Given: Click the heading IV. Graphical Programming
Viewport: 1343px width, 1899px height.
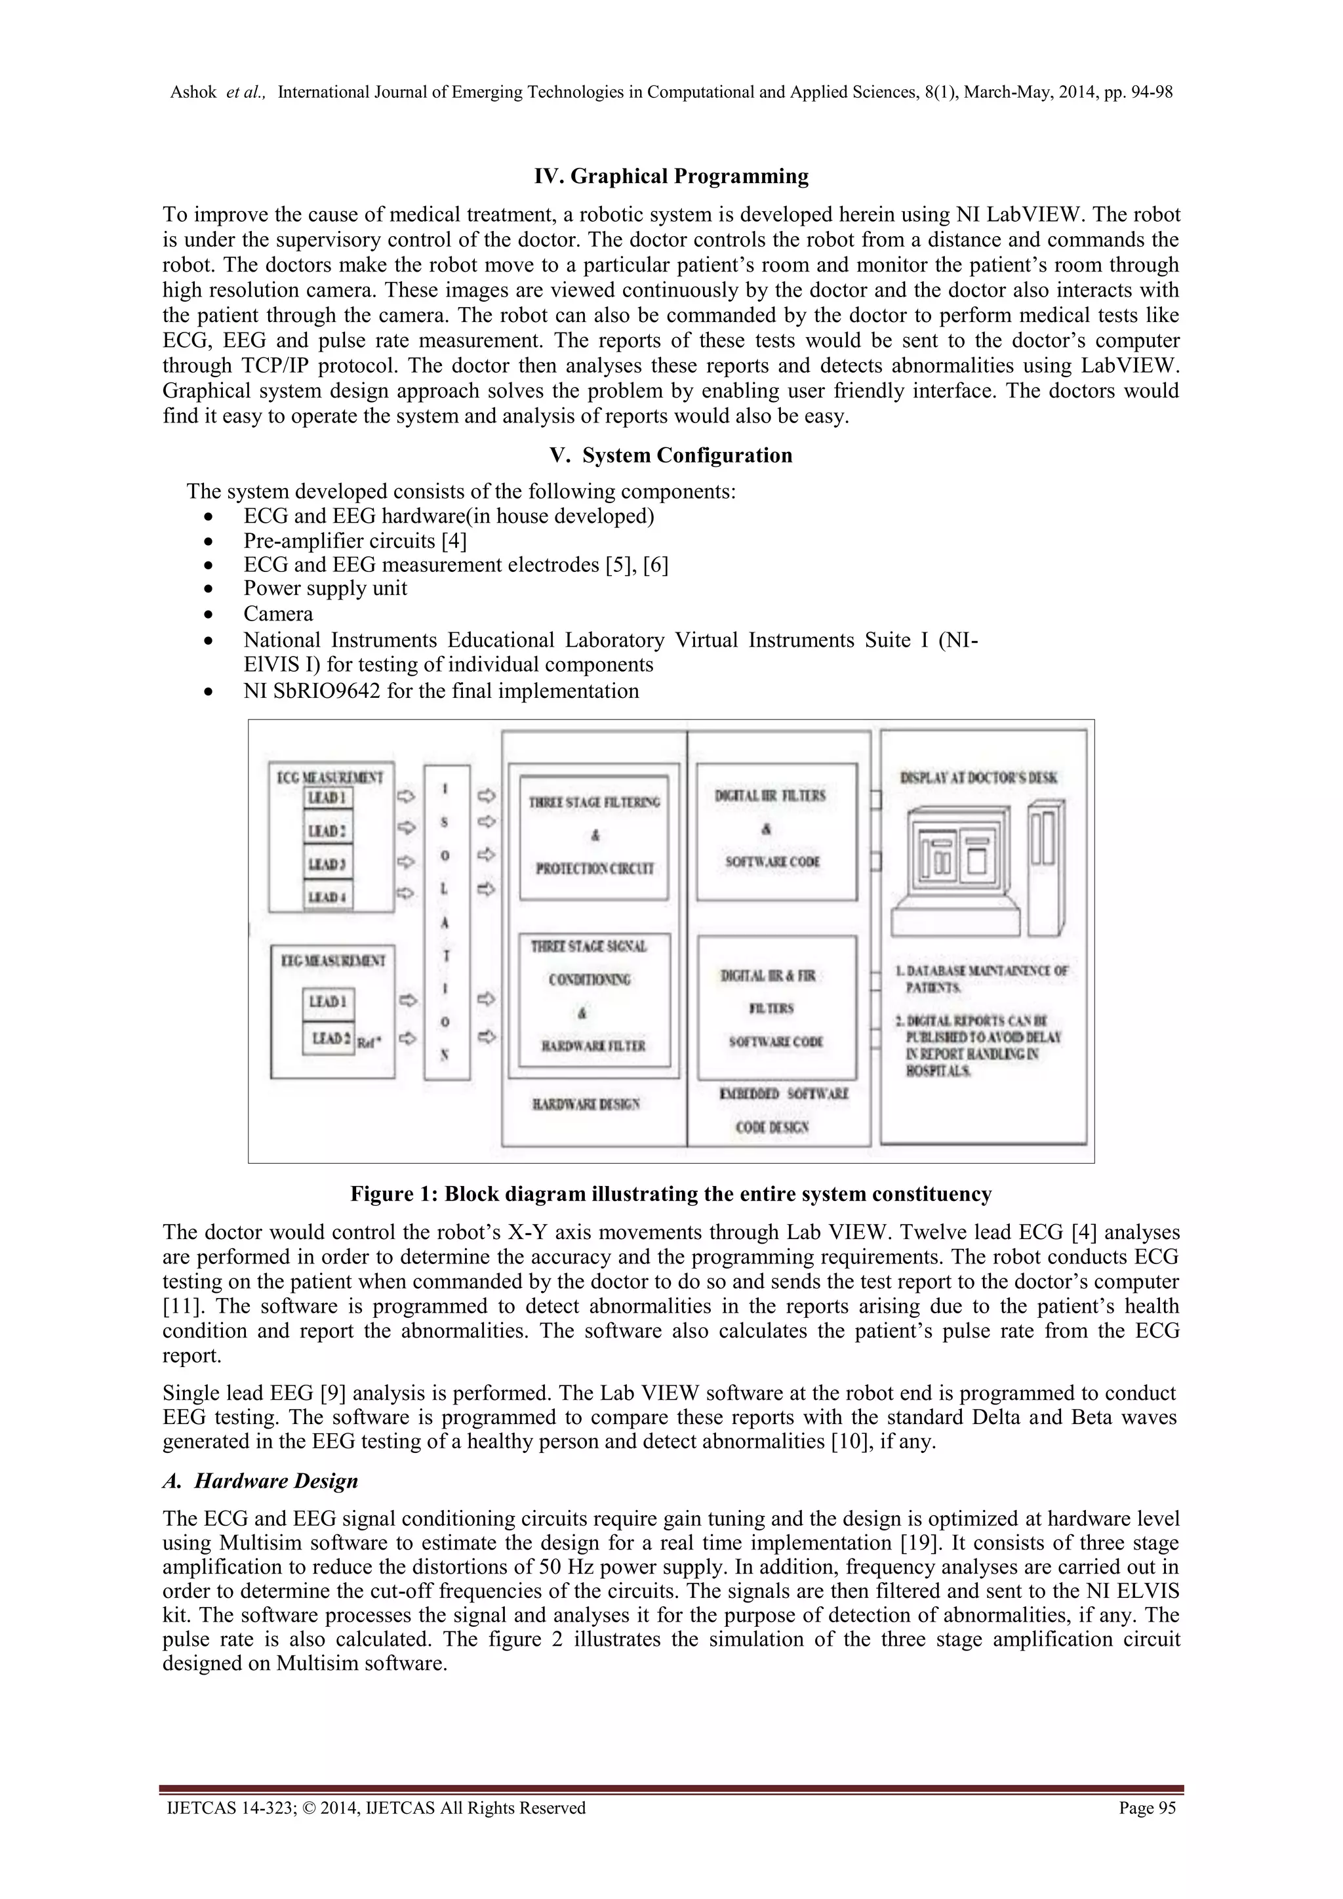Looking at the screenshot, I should (671, 176).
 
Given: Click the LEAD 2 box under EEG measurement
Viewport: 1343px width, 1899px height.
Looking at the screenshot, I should (329, 1038).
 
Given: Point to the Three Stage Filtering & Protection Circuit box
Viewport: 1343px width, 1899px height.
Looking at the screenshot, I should (593, 837).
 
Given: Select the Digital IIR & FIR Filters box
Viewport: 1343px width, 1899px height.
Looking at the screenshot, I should (776, 1008).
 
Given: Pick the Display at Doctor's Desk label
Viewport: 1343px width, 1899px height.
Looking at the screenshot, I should (978, 777).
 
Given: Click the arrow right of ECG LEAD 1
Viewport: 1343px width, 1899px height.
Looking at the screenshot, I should (406, 796).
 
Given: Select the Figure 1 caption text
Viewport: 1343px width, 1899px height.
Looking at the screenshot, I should (671, 1195).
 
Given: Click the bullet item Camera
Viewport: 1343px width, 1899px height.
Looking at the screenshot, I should (278, 614).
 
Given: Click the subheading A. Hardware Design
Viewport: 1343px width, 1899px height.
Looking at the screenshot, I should (260, 1480).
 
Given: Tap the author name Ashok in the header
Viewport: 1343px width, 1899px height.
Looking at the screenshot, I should (193, 92).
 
